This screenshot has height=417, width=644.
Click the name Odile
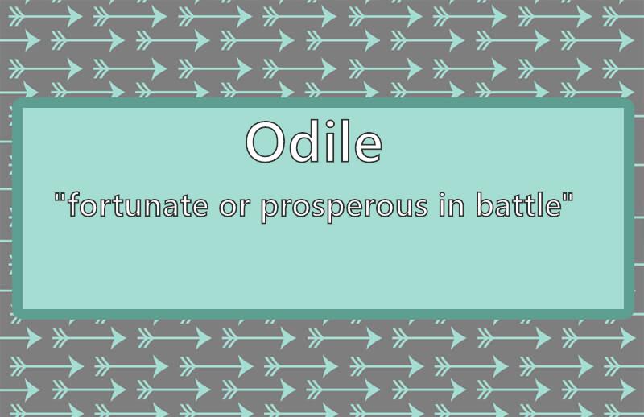[x=314, y=142]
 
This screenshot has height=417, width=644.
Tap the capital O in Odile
[x=265, y=142]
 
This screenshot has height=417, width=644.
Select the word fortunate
[x=138, y=204]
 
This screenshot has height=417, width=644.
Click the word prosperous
[x=345, y=208]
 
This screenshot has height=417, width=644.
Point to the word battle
[x=518, y=204]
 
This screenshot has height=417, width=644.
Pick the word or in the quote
[x=234, y=207]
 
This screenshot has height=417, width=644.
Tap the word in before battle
[x=452, y=204]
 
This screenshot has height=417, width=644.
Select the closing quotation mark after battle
[x=568, y=197]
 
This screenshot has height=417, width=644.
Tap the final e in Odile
[x=368, y=147]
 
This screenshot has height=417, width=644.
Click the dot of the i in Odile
[x=330, y=124]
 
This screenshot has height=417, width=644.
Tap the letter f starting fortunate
[x=74, y=204]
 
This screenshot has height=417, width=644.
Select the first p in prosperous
[x=270, y=209]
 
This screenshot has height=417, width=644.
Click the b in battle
[x=485, y=204]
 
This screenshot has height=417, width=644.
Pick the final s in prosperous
[x=419, y=207]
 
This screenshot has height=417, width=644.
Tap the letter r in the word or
[x=245, y=207]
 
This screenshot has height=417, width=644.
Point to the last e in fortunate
[x=199, y=207]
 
